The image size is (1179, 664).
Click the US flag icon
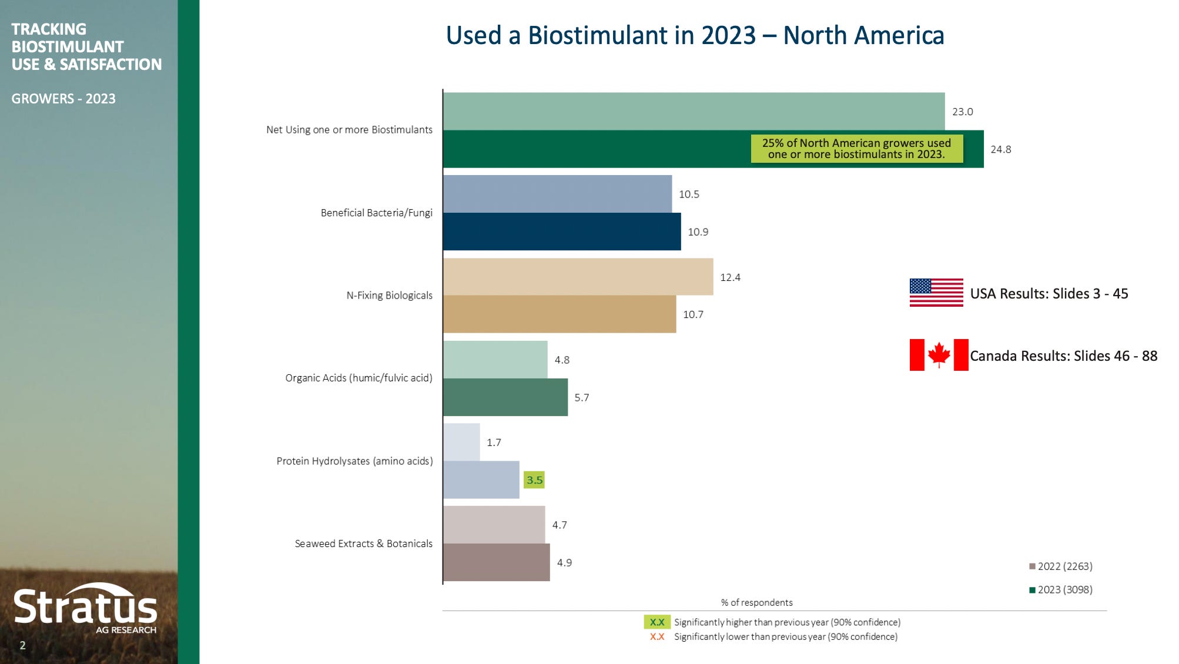(x=936, y=293)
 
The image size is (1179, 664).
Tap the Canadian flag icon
(x=939, y=355)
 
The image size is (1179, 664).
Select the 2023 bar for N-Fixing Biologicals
(x=559, y=314)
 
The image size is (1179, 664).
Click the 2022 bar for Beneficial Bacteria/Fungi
(x=557, y=194)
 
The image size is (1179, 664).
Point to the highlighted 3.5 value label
(x=534, y=480)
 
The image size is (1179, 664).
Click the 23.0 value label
(x=962, y=112)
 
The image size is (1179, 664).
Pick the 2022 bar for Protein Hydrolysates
(x=461, y=442)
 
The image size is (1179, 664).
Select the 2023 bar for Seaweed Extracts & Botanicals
(x=496, y=562)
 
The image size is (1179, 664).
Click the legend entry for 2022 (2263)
(x=1061, y=566)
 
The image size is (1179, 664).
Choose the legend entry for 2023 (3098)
(x=1061, y=590)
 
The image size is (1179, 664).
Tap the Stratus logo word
(x=85, y=607)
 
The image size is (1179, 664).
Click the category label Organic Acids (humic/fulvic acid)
(x=359, y=378)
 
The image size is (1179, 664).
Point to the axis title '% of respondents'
(x=756, y=603)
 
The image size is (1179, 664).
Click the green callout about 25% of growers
(x=856, y=149)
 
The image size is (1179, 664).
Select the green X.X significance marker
(x=657, y=622)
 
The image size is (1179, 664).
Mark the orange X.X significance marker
(x=657, y=637)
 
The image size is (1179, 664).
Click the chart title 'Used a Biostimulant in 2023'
(x=695, y=35)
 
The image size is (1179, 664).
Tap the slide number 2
(x=22, y=645)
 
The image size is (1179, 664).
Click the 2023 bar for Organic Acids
(x=505, y=397)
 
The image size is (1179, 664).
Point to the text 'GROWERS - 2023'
(x=63, y=99)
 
